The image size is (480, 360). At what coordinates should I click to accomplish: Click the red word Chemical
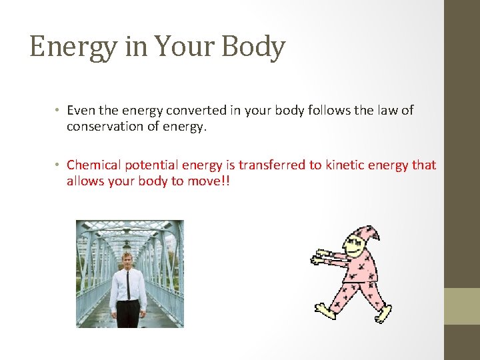coord(93,165)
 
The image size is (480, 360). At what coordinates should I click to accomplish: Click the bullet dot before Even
coord(59,111)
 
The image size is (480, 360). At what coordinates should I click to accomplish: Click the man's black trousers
coord(128,313)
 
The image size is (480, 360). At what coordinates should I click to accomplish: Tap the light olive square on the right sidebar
coord(461,306)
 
